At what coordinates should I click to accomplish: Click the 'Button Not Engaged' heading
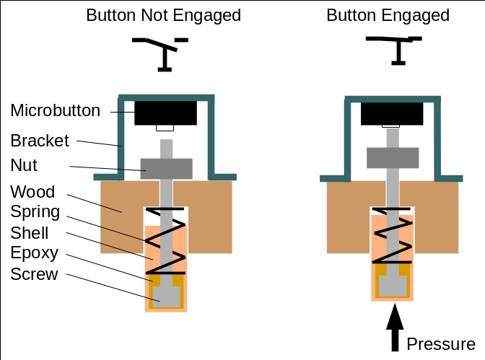[164, 15]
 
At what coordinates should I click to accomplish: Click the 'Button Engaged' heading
[388, 15]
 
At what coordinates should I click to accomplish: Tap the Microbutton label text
[56, 110]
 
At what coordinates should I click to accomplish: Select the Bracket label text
[40, 140]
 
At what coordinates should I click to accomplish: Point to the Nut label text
[24, 166]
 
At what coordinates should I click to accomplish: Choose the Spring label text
[35, 213]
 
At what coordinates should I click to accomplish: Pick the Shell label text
[30, 233]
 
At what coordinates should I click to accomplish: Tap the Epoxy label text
[34, 254]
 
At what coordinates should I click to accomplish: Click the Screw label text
[34, 275]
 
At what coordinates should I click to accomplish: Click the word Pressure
[441, 343]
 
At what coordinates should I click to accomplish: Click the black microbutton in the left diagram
[165, 113]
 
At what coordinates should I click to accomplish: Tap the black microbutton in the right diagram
[392, 113]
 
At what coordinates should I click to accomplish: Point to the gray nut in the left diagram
[166, 169]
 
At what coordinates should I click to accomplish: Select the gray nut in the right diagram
[393, 158]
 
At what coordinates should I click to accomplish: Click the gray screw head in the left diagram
[166, 294]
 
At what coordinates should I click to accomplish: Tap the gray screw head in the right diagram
[393, 285]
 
